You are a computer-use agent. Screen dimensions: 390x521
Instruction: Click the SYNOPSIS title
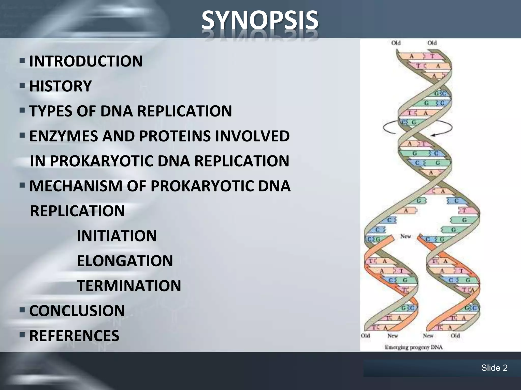(260, 20)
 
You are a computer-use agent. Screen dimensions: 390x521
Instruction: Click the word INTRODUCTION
(86, 61)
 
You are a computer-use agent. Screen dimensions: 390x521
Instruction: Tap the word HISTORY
(61, 86)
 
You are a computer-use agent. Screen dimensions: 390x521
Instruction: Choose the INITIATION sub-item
(117, 236)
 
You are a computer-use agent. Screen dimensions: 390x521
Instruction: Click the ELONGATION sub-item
(125, 261)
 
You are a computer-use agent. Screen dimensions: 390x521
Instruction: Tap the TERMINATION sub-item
(129, 286)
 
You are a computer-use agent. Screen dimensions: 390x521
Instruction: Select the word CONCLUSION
(77, 311)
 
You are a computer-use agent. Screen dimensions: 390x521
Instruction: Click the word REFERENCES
(74, 335)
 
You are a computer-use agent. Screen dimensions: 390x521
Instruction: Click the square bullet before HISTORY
(22, 86)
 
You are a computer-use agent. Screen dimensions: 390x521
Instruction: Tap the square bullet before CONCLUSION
(22, 310)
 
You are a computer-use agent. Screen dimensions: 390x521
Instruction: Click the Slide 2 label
(494, 368)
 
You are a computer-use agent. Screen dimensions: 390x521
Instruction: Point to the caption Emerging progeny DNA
(414, 347)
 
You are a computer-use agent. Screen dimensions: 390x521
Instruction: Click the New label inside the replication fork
(406, 236)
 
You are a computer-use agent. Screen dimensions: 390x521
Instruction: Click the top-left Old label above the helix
(396, 43)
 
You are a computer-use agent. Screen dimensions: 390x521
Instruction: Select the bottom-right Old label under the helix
(455, 336)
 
